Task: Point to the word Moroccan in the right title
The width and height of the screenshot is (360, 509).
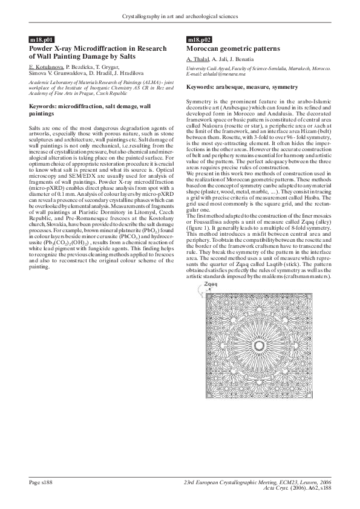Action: tap(206, 47)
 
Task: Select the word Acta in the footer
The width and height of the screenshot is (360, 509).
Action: tap(270, 488)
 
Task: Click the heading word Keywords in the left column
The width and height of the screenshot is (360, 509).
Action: tap(43, 106)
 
